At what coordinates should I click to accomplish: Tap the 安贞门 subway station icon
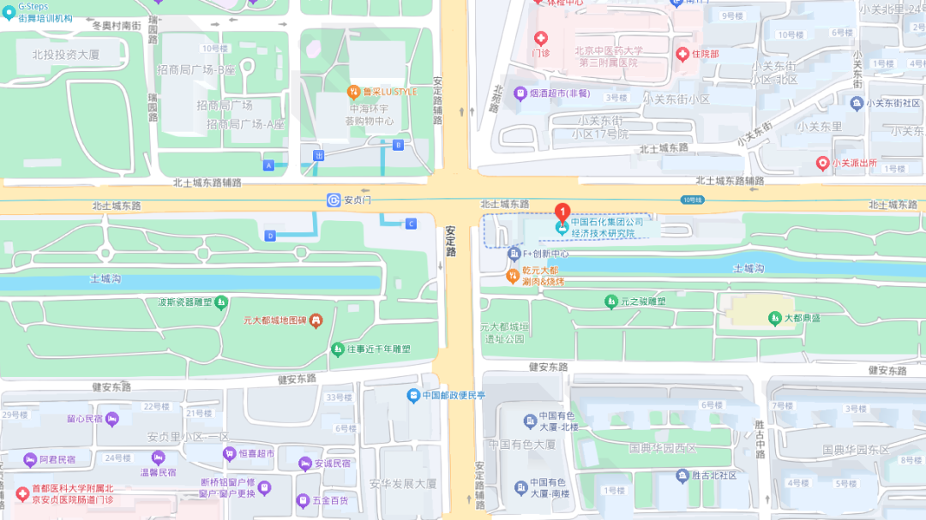334,200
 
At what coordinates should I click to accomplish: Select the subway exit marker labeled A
269,164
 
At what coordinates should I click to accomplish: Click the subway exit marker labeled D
270,236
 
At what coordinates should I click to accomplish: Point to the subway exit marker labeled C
411,224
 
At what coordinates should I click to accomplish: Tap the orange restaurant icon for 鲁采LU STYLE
352,92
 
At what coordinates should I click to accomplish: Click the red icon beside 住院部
682,54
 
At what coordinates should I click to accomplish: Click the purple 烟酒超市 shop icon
520,93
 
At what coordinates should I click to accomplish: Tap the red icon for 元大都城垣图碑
316,320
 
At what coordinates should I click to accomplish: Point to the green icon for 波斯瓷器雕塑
221,302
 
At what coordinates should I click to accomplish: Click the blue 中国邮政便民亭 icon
413,395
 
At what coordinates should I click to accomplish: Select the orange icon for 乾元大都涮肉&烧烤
513,275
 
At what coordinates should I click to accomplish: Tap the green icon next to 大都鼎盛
774,318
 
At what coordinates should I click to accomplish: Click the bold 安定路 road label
451,241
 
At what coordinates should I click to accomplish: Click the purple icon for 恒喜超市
229,453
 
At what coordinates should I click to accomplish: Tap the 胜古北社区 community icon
682,475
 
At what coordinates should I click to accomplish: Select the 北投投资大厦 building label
66,54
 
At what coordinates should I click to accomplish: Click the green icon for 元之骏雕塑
610,302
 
